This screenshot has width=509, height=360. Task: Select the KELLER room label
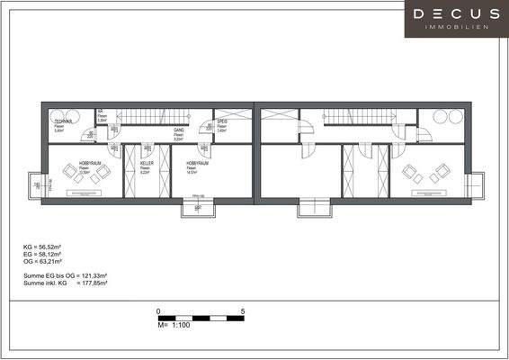146,163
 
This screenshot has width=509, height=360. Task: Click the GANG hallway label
179,130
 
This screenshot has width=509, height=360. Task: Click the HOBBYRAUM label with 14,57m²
197,163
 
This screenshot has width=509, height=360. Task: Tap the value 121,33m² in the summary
92,275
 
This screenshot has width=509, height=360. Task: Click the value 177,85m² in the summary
92,283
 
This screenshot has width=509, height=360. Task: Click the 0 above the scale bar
159,311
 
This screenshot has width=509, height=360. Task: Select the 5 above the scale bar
243,311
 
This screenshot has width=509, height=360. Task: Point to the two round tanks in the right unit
447,116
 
